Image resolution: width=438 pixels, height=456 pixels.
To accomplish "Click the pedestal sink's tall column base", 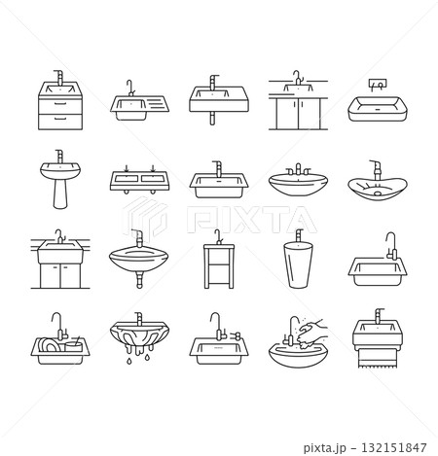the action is (60, 193).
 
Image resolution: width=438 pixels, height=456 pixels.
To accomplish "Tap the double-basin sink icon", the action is (139, 179).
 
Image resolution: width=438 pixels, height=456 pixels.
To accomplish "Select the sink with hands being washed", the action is (298, 342).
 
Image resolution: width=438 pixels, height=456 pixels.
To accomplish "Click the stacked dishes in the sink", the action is (49, 345).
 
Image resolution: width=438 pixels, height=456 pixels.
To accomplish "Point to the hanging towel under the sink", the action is (378, 358).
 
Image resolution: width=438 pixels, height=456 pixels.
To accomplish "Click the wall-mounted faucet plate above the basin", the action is (378, 84).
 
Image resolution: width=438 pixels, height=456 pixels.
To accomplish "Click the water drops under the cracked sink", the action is (139, 359).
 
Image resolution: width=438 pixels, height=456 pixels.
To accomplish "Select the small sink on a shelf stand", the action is (219, 259).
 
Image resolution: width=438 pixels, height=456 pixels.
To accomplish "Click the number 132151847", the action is (394, 447).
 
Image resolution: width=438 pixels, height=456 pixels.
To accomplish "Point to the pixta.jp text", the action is (325, 448).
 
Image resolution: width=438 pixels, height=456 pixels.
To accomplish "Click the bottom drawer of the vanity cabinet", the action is (60, 122).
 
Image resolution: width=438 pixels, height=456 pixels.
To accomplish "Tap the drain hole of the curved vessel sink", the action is (379, 193).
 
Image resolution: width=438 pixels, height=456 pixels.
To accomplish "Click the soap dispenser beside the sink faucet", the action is (237, 335).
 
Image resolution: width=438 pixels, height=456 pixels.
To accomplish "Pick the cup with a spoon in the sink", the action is (73, 345).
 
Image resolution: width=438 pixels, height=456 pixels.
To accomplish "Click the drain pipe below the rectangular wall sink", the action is (212, 119).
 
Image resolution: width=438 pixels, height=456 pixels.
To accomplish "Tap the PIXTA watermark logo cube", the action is (145, 217).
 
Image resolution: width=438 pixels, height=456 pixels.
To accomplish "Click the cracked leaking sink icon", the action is (139, 337).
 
